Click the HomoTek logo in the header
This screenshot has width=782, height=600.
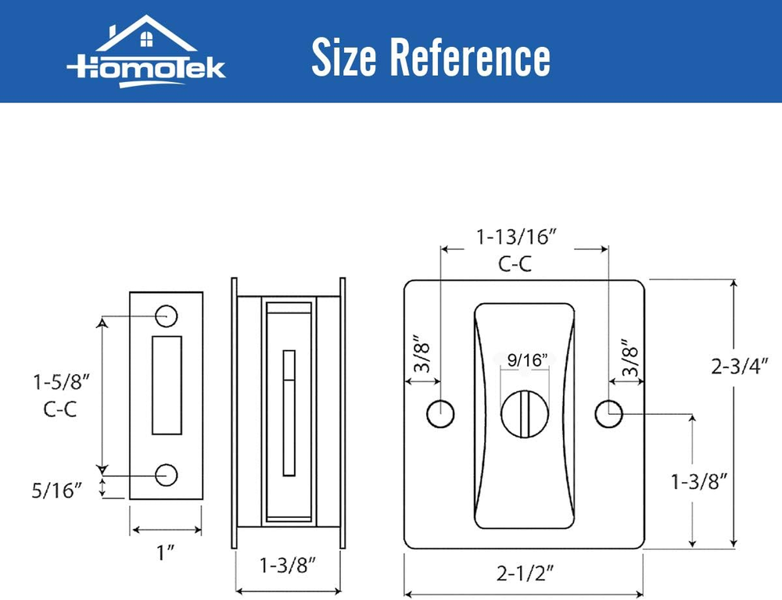pyautogui.click(x=146, y=52)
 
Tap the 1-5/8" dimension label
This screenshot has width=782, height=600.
pyautogui.click(x=61, y=382)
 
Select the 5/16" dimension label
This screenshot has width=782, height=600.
pyautogui.click(x=56, y=491)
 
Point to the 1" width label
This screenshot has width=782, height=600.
pyautogui.click(x=166, y=552)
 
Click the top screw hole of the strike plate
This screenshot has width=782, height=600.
pyautogui.click(x=166, y=316)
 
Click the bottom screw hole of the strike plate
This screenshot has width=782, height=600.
pyautogui.click(x=166, y=475)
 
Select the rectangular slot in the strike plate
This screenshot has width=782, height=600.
pyautogui.click(x=167, y=385)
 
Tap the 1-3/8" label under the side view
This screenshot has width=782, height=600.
pyautogui.click(x=288, y=566)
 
